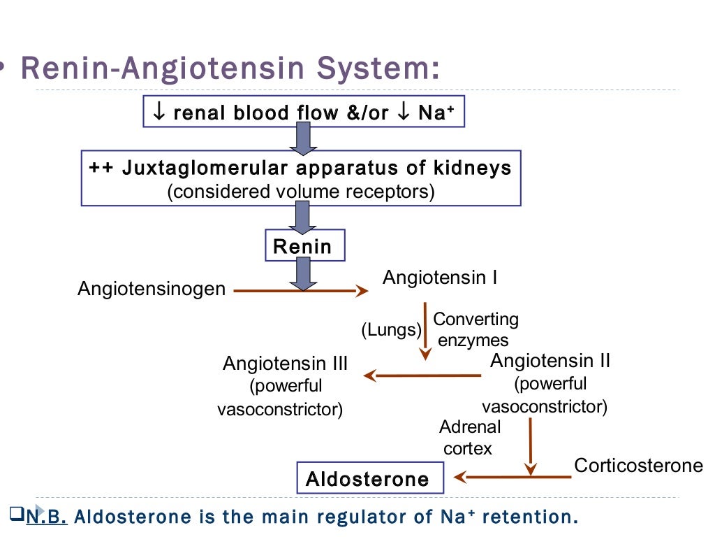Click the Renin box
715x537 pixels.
point(303,246)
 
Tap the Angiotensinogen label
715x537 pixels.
point(152,288)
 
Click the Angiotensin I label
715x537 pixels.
point(440,278)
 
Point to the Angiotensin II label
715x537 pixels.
point(550,361)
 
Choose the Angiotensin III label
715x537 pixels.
point(285,364)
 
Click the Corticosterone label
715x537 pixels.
point(638,466)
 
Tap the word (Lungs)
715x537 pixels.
point(392,329)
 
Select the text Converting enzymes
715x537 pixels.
point(475,329)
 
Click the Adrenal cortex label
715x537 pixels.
point(469,437)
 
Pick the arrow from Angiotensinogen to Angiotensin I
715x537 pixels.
point(300,291)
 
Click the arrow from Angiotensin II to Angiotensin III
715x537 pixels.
point(422,376)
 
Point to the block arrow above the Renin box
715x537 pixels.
point(303,218)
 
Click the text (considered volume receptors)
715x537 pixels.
point(301,192)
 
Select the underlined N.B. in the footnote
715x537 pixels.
point(47,518)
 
